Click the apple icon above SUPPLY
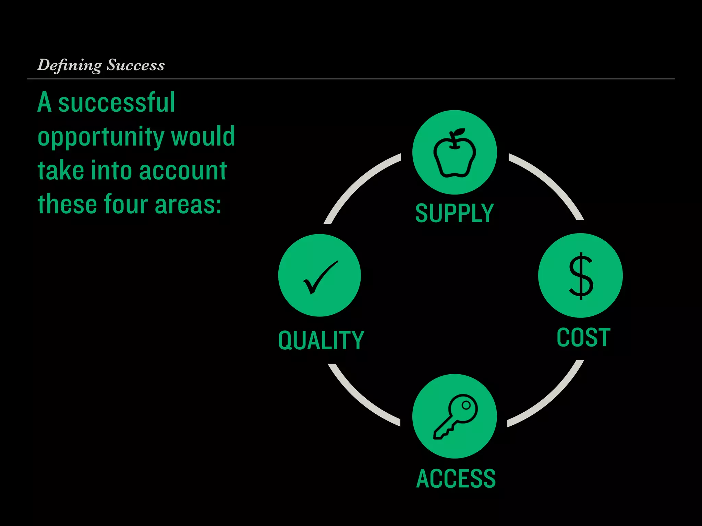(455, 153)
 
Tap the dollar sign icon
(581, 276)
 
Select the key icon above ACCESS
(455, 416)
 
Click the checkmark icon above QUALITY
(320, 277)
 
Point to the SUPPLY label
(454, 213)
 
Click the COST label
(583, 338)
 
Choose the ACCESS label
(456, 478)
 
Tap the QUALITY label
(321, 340)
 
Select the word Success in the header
(136, 65)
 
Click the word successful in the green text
(117, 102)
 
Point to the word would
(203, 136)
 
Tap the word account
(183, 171)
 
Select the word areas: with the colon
(188, 204)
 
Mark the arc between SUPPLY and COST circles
(552, 181)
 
